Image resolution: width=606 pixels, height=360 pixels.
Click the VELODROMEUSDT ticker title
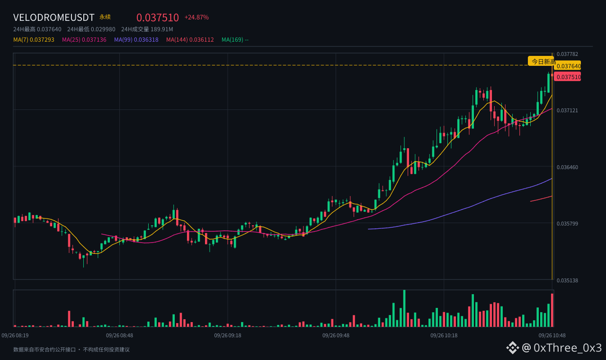53,18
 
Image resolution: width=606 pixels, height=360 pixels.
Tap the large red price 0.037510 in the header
158,18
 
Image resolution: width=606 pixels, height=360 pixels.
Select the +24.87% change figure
196,18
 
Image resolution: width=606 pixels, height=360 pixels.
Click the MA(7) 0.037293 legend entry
34,40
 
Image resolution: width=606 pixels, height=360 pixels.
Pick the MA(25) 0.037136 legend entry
84,40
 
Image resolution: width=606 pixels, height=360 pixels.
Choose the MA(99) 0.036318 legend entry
136,40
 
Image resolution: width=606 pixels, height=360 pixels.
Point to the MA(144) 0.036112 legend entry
190,40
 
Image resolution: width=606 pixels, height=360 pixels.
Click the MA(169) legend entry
235,40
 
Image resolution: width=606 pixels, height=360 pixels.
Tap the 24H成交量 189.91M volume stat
147,29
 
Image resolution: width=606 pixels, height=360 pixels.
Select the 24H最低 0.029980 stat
91,29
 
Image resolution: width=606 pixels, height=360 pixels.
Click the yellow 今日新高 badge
541,62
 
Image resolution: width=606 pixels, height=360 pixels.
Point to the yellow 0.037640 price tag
568,66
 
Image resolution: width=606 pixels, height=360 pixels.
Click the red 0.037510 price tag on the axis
568,77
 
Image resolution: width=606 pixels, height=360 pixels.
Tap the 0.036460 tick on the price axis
567,167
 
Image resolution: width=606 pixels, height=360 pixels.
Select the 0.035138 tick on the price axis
567,280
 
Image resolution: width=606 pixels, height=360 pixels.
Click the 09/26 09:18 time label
228,335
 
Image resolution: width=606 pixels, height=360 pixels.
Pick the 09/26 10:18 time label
444,335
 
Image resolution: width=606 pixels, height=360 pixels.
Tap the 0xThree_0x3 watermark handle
568,348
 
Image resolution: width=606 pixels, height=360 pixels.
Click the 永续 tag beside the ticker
105,17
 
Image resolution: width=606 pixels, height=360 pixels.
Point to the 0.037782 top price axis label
567,54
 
